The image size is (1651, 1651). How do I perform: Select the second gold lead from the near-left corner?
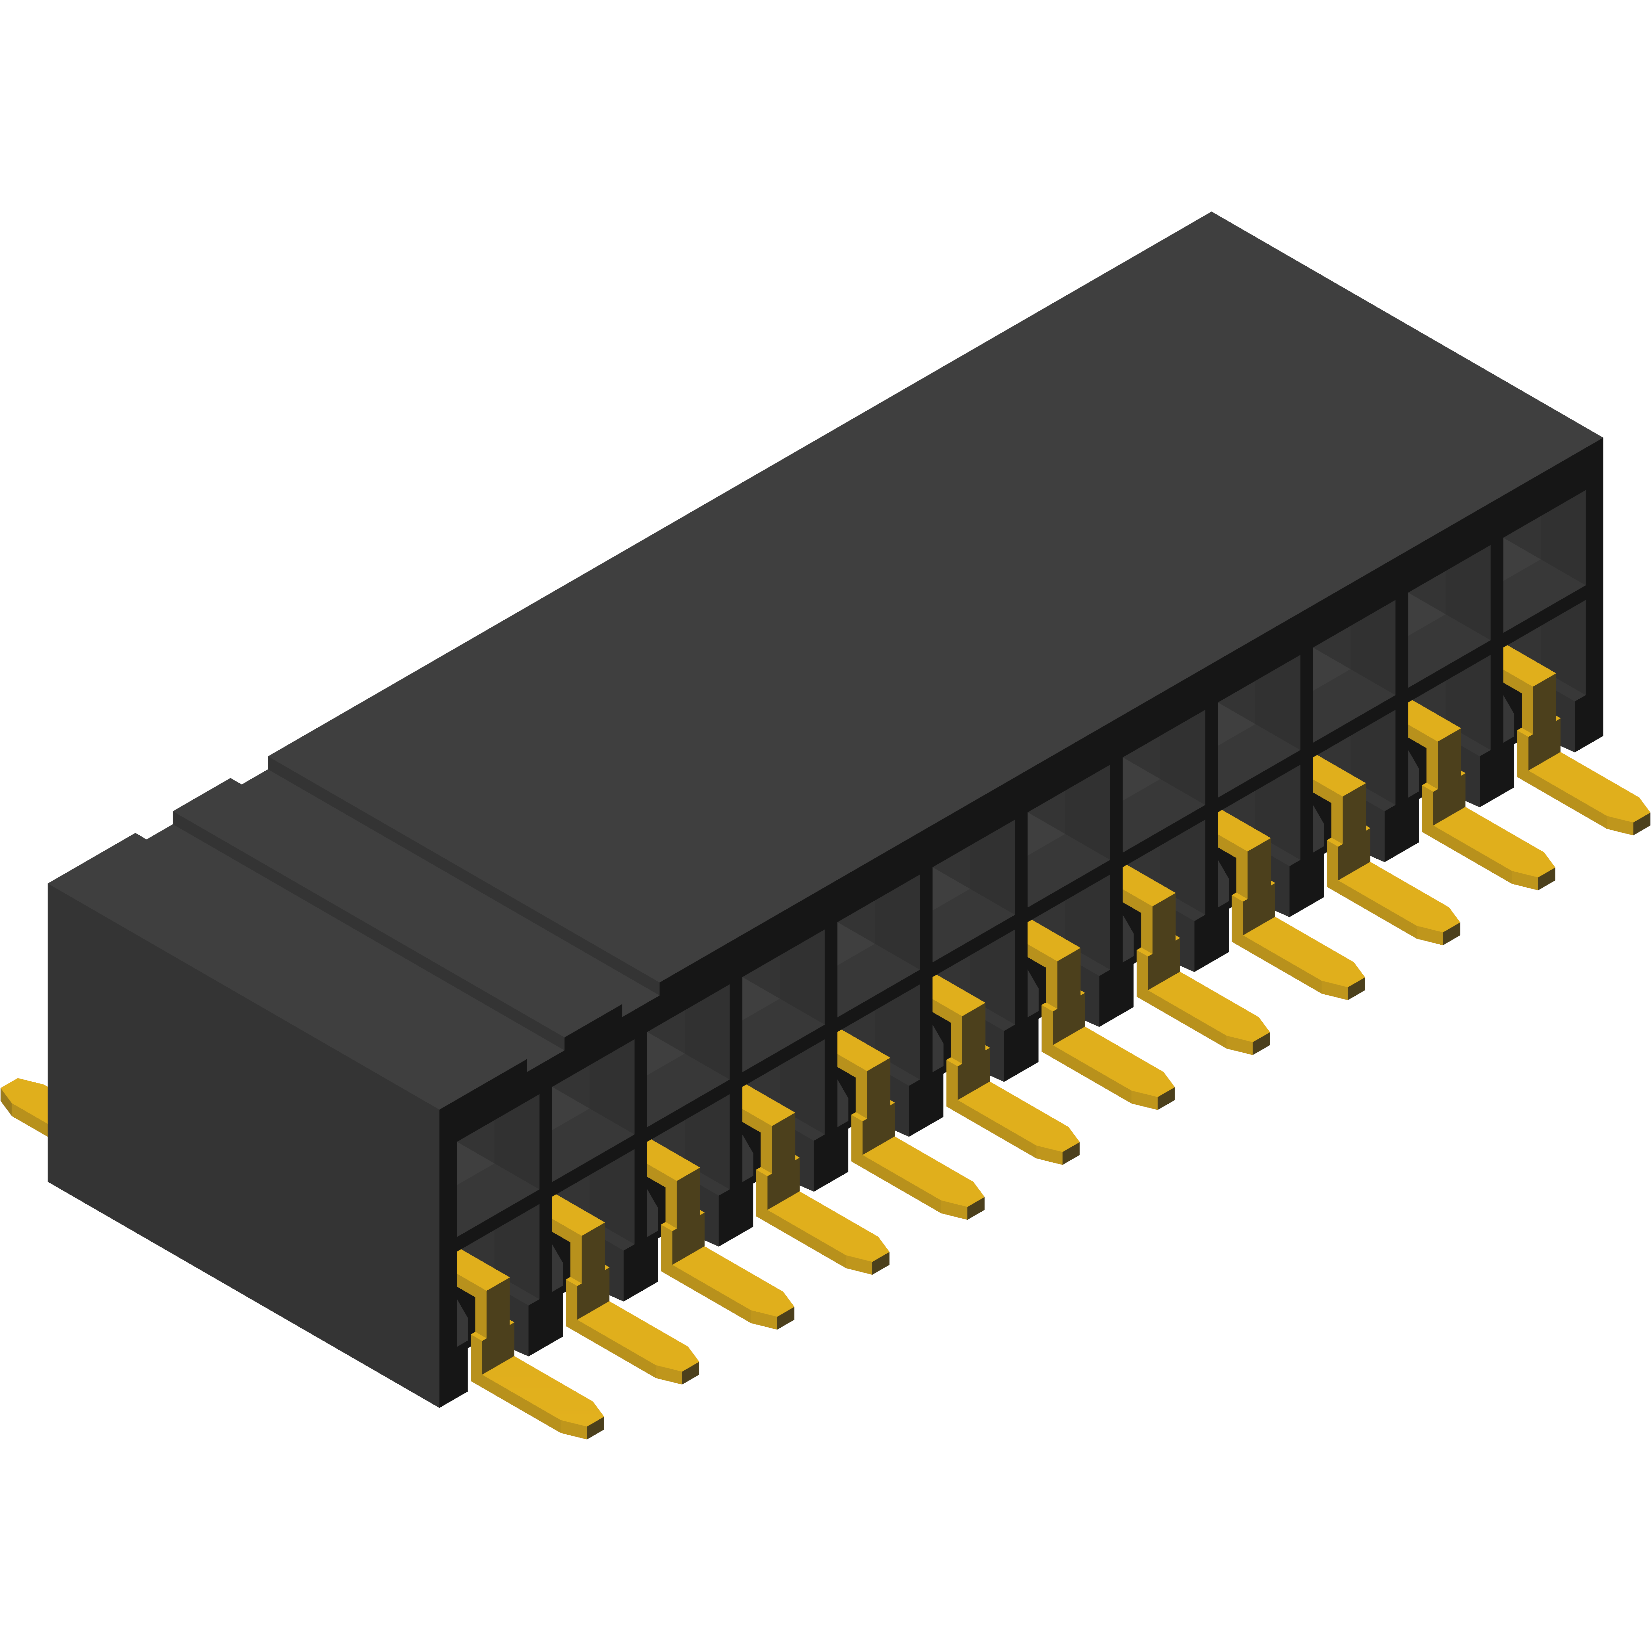pos(632,1333)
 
